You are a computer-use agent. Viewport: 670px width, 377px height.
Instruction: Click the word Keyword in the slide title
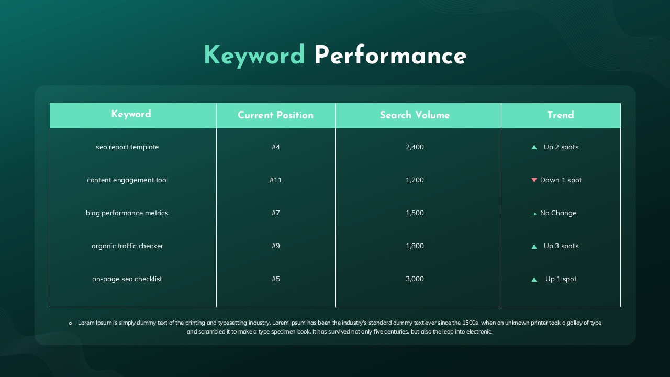coord(254,56)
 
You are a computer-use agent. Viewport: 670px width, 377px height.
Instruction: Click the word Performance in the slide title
coord(390,56)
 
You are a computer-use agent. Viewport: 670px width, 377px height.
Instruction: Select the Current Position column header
coord(275,116)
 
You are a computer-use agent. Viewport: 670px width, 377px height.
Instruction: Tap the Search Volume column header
coord(415,116)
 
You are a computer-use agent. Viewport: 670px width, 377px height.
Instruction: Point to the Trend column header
coord(560,116)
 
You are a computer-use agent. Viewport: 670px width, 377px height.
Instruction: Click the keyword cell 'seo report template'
coord(127,147)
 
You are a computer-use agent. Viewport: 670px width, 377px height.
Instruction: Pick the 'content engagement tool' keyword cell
coord(127,180)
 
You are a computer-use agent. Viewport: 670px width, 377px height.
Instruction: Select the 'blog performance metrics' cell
coord(127,213)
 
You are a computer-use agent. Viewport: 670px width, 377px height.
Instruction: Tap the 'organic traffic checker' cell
coord(127,246)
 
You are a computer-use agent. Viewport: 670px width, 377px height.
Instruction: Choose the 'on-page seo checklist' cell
coord(127,279)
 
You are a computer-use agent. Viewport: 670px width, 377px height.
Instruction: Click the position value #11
coord(275,180)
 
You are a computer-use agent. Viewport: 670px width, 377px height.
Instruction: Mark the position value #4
coord(275,147)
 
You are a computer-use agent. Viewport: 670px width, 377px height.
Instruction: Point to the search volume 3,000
coord(415,279)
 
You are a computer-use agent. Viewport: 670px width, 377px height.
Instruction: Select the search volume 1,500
coord(415,213)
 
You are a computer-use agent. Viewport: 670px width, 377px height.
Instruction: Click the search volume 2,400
coord(415,147)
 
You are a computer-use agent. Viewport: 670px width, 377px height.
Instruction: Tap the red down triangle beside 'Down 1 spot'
coord(534,180)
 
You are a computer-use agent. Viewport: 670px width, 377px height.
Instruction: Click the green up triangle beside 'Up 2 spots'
coord(534,147)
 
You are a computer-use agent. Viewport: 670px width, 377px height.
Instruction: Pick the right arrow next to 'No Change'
coord(533,214)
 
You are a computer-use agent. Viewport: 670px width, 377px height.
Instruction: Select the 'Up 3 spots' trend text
coord(561,246)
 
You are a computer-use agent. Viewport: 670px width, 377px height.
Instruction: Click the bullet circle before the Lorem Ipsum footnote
coord(70,323)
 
